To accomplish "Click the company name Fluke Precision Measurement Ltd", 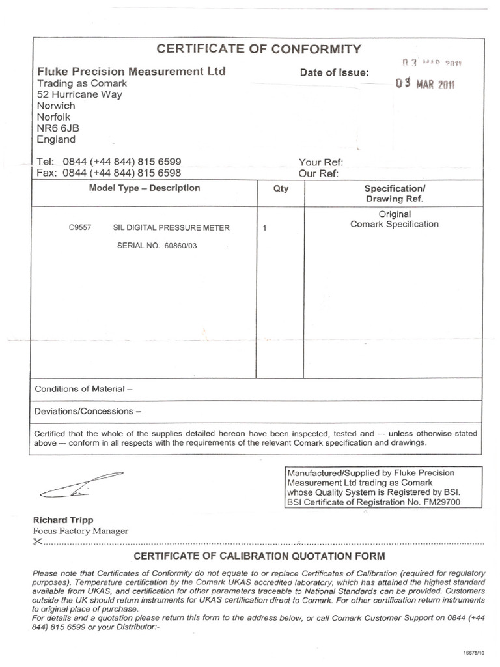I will coord(132,71).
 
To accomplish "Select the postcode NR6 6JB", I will coord(56,128).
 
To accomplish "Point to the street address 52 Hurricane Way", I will coord(79,94).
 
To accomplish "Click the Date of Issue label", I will coord(335,73).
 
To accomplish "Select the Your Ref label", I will coord(320,162).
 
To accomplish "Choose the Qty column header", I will coord(281,188).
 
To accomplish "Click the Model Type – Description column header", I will coord(145,188).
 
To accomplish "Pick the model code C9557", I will coord(79,228).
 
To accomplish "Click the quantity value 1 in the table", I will coord(264,229).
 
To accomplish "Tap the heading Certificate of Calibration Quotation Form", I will coord(259,556).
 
